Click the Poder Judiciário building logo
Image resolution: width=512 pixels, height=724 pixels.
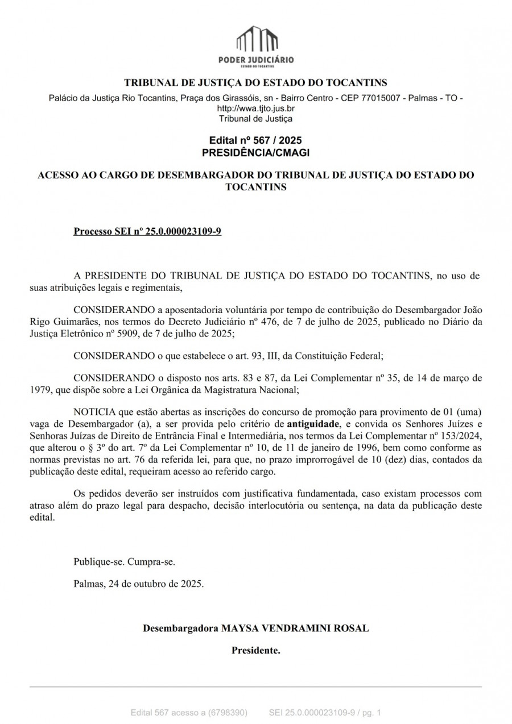point(256,41)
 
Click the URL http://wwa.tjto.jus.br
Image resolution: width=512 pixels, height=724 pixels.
point(256,108)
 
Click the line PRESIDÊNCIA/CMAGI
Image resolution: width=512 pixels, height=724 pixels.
point(255,152)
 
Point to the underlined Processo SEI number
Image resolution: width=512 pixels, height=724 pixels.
point(147,232)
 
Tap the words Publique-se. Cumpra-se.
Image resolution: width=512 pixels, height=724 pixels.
point(124,562)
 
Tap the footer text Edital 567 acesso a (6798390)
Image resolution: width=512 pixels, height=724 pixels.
point(189,712)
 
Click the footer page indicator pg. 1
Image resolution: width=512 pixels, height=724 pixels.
point(370,712)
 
